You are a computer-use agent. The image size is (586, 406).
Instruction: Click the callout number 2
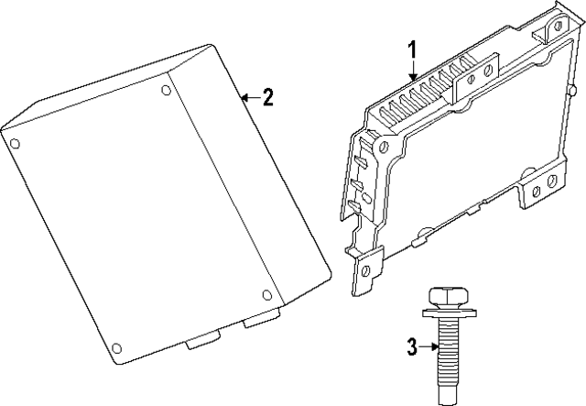[x=266, y=98]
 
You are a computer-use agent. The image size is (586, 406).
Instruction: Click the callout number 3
[x=412, y=346]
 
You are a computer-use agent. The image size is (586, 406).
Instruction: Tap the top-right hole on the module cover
[x=166, y=90]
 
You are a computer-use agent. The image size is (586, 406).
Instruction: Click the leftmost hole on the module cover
[x=14, y=143]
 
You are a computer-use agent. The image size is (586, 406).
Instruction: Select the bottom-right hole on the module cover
[x=266, y=294]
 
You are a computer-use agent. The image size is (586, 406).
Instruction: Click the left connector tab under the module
[x=199, y=341]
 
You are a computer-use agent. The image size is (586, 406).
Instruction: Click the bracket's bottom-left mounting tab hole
[x=366, y=269]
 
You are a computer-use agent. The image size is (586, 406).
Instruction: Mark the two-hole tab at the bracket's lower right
[x=543, y=186]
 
